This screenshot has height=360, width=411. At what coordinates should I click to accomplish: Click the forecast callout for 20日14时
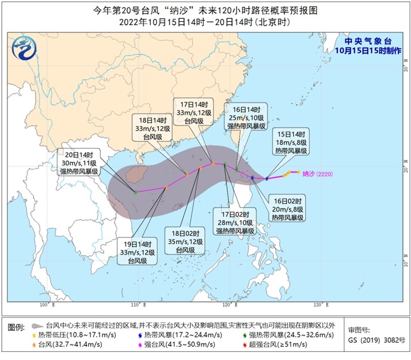[79, 162]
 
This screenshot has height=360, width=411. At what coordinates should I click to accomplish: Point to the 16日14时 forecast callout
[245, 118]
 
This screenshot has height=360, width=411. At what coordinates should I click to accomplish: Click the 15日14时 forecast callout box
[290, 141]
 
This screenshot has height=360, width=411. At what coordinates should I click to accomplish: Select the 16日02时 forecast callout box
[286, 208]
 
